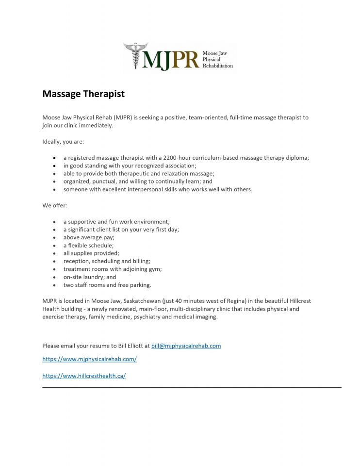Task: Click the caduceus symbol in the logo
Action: pos(135,55)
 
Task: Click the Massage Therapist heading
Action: pos(83,94)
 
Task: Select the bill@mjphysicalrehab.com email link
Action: pos(186,346)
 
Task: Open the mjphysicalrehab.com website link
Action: pos(90,359)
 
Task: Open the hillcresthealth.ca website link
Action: pos(84,376)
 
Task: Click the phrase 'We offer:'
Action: pos(55,205)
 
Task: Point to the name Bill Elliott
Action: pos(131,346)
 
